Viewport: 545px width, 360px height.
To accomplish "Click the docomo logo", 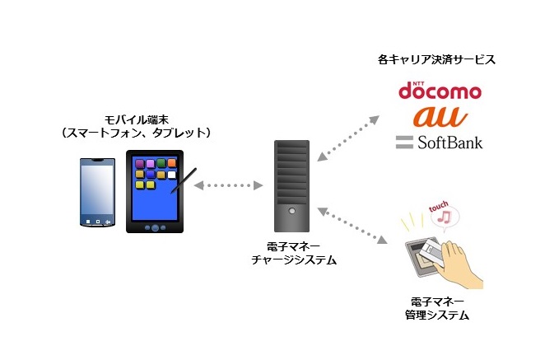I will coord(439,90).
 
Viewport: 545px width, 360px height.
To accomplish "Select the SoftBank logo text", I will coord(440,141).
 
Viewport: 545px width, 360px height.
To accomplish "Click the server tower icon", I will coord(291,185).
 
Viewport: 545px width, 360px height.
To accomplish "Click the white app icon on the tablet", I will coord(172,175).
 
